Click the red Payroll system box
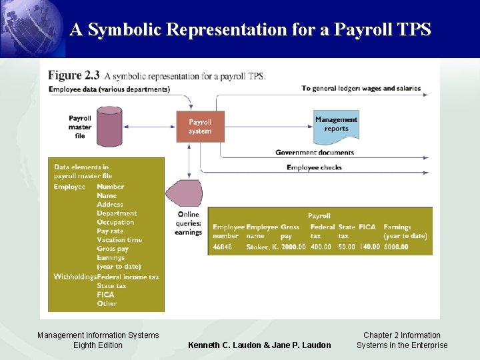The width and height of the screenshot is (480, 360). (x=200, y=126)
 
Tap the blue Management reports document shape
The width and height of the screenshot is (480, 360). (x=337, y=125)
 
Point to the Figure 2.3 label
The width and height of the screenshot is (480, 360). (x=74, y=75)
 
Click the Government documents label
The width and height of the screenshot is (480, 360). (x=315, y=153)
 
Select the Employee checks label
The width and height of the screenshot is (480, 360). (x=314, y=167)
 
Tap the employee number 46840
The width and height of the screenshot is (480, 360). (x=223, y=247)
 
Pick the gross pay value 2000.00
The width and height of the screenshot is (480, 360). (x=293, y=247)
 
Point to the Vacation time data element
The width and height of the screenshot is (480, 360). (x=119, y=240)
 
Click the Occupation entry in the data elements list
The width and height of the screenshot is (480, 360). (x=115, y=222)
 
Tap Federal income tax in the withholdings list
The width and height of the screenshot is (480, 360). (x=128, y=277)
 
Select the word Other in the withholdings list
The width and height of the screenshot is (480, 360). (x=107, y=303)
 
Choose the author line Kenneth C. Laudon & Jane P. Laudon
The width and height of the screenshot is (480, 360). (x=259, y=345)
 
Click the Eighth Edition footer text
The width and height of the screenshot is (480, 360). (x=98, y=345)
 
